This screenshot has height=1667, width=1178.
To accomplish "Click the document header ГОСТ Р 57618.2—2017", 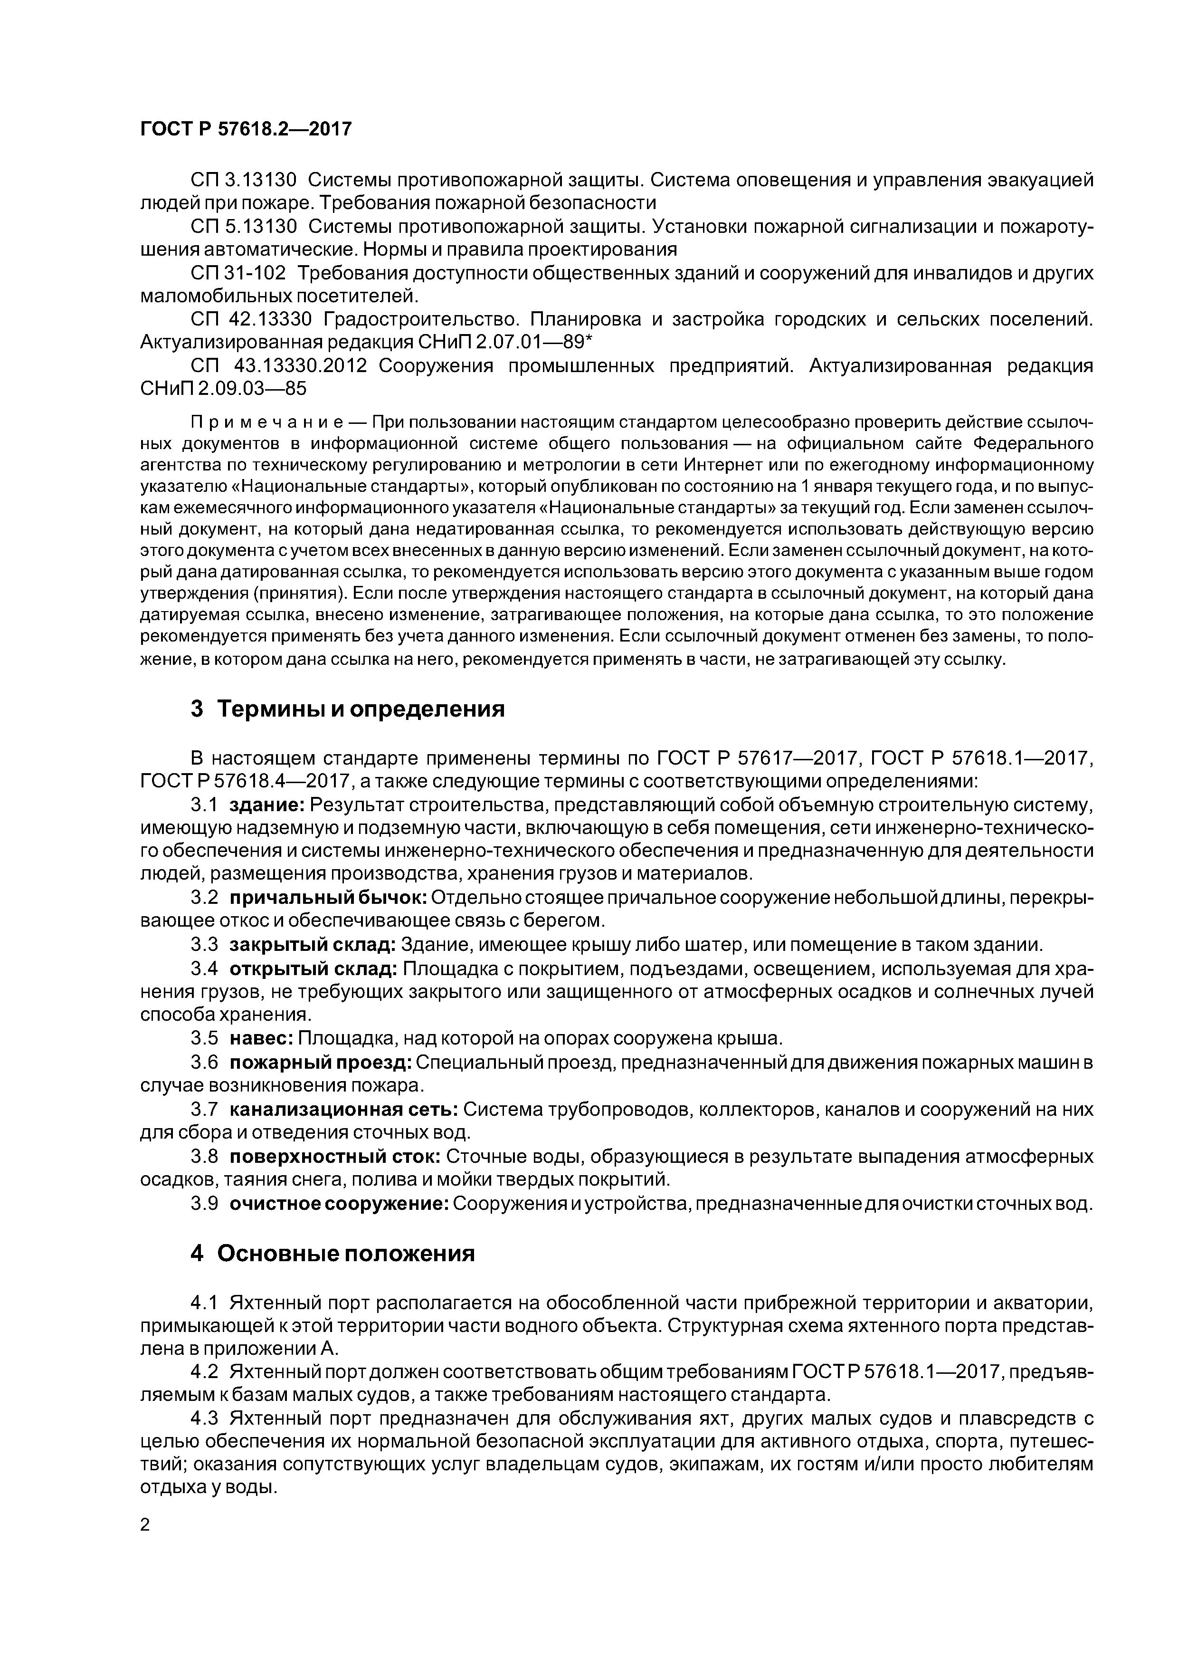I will pos(245,129).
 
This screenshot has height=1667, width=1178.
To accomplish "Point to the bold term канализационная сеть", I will pos(342,1110).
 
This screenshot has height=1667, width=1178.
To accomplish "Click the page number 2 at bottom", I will pos(144,1525).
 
